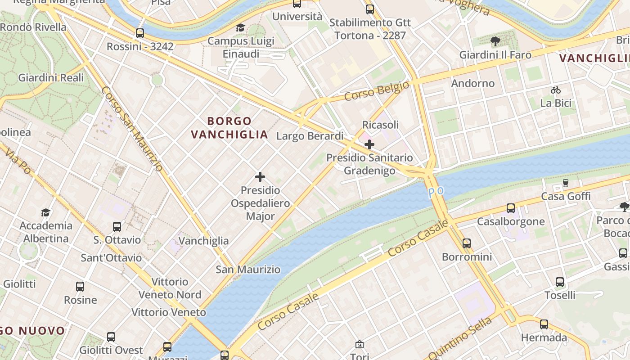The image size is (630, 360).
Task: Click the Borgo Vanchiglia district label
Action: [229, 128]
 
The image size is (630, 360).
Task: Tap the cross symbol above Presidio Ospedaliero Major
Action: [260, 177]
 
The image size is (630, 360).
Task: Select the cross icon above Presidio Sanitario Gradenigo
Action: [369, 144]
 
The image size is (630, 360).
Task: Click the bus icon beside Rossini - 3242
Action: [140, 33]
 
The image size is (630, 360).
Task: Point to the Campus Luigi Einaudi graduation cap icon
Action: [241, 28]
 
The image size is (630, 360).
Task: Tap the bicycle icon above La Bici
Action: [556, 90]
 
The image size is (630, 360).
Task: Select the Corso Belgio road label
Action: [377, 91]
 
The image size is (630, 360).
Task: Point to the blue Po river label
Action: [436, 192]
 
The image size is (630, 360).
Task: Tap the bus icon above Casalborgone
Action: [511, 208]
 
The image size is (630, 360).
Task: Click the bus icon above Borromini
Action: [467, 243]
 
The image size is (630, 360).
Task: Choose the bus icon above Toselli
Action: [560, 282]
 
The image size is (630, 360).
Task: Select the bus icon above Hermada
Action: [544, 324]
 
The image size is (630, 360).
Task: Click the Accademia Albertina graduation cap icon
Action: [45, 212]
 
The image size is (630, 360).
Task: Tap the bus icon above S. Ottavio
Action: [117, 226]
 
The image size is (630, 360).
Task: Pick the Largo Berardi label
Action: [310, 136]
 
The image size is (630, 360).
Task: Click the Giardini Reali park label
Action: [51, 77]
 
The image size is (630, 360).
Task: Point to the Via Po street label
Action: [18, 162]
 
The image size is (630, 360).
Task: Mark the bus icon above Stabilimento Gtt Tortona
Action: [370, 9]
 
